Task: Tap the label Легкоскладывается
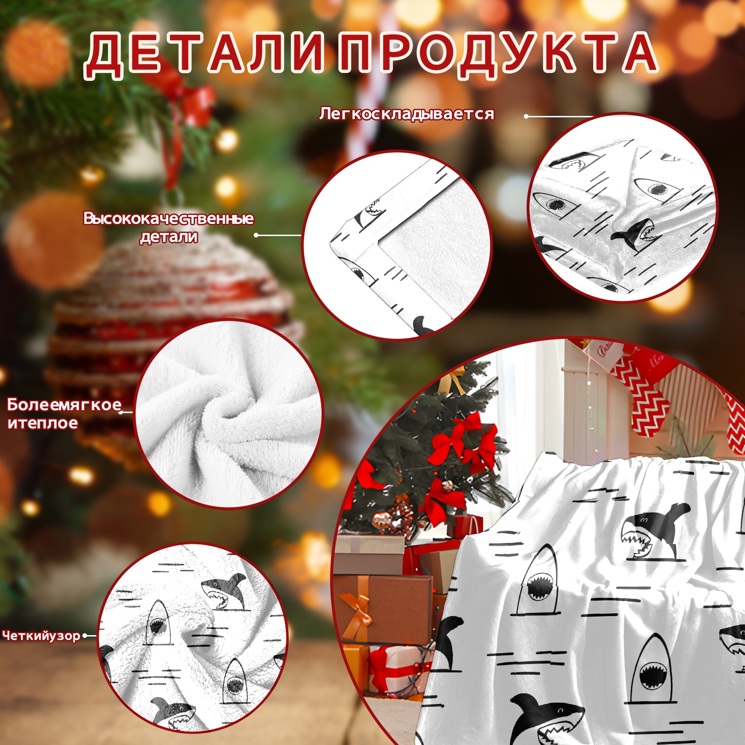tap(406, 114)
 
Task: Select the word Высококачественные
tap(169, 218)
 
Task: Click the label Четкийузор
tap(41, 636)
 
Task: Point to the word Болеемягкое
tap(64, 405)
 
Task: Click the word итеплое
tap(42, 423)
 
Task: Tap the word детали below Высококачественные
tap(169, 237)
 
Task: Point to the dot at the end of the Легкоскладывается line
tap(526, 116)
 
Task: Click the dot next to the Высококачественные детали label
tap(257, 235)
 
